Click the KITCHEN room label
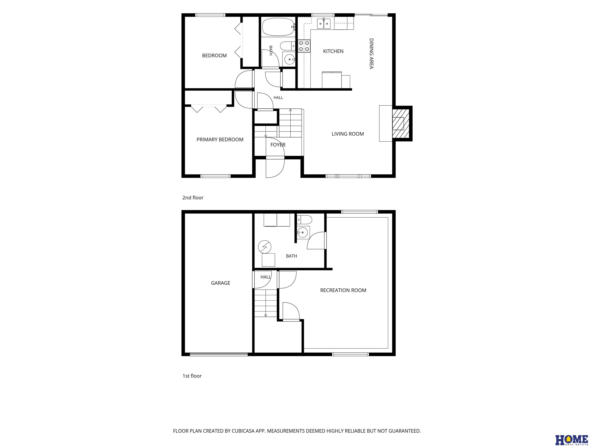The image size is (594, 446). pos(333,51)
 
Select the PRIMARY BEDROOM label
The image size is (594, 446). pos(220,140)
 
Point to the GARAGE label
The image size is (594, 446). pos(220,283)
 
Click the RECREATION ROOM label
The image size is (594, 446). pos(343,290)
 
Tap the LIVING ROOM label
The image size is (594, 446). pos(348,134)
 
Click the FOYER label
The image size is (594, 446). pos(278,145)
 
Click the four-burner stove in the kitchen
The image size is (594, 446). pos(304,46)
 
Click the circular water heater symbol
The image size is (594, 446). pos(265,247)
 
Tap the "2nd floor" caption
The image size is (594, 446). pos(193,198)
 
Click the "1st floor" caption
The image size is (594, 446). pos(192,376)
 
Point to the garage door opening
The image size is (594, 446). pos(219,354)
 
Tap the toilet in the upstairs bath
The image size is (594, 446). pos(288,46)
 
